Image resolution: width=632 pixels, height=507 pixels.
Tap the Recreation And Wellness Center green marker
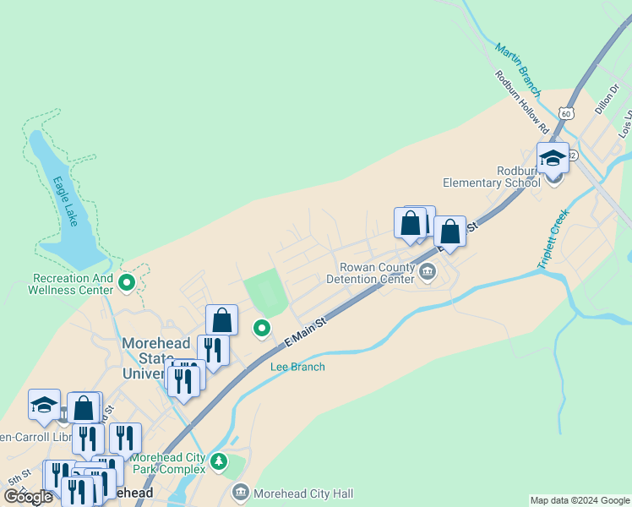click(127, 282)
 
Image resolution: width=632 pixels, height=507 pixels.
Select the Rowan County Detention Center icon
click(427, 272)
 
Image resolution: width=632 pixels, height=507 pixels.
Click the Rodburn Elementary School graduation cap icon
click(553, 158)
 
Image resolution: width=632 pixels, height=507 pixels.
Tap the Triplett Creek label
click(553, 240)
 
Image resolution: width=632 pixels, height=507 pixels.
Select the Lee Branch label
click(297, 367)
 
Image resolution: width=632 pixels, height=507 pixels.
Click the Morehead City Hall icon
click(240, 493)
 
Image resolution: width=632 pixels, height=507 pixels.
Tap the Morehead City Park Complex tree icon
click(220, 461)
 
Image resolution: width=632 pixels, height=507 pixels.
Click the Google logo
click(28, 496)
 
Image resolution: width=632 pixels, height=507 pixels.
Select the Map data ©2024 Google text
click(580, 500)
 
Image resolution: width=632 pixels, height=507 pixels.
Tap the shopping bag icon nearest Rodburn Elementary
click(449, 231)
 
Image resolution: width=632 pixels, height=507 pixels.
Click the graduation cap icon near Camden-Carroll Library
click(44, 405)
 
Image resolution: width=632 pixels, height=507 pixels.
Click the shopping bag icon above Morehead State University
click(221, 320)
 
